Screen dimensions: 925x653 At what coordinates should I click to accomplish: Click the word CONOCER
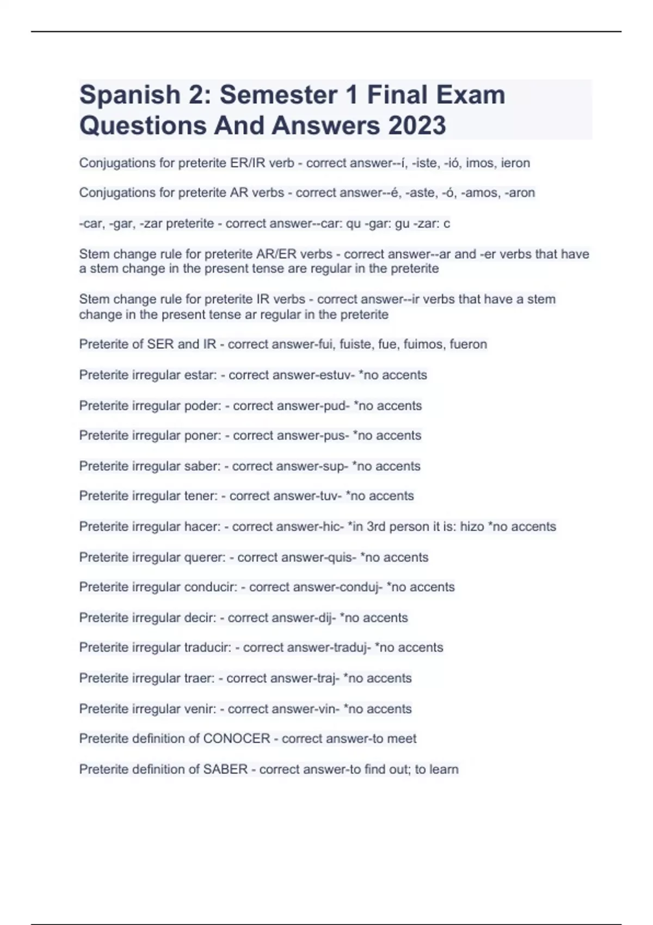click(x=237, y=738)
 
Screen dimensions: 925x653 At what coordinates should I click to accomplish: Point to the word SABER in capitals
click(x=225, y=769)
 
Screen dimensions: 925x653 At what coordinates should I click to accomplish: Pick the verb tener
click(x=202, y=496)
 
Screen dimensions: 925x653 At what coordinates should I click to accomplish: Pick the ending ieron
click(x=515, y=163)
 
